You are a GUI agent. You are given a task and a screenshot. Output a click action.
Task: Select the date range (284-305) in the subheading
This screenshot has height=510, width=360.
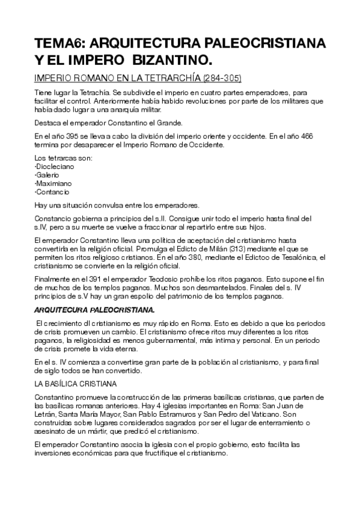pos(222,79)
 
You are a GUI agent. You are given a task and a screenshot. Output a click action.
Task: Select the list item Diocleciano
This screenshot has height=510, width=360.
pos(54,166)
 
